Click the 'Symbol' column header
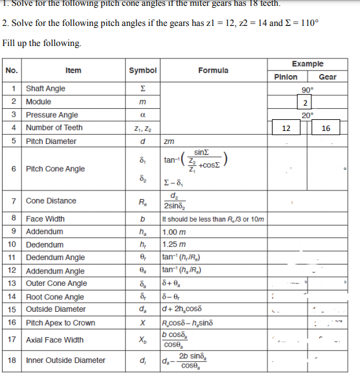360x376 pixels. tap(142, 70)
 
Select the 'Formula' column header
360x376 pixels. tap(213, 70)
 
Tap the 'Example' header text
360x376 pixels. tap(308, 65)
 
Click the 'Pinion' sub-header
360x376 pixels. tap(285, 76)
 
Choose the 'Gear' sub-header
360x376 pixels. tap(328, 76)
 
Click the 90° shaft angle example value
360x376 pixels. tap(308, 89)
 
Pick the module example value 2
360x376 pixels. tap(304, 102)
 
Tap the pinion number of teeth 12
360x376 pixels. tap(286, 128)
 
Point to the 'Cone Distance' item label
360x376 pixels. tap(51, 201)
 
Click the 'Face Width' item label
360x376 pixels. tap(45, 219)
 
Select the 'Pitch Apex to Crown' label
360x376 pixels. tap(60, 322)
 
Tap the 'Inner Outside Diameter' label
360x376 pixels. tap(65, 360)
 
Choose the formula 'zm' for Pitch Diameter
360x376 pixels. tap(169, 141)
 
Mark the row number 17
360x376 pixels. tap(13, 339)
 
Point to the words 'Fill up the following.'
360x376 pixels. tap(42, 43)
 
